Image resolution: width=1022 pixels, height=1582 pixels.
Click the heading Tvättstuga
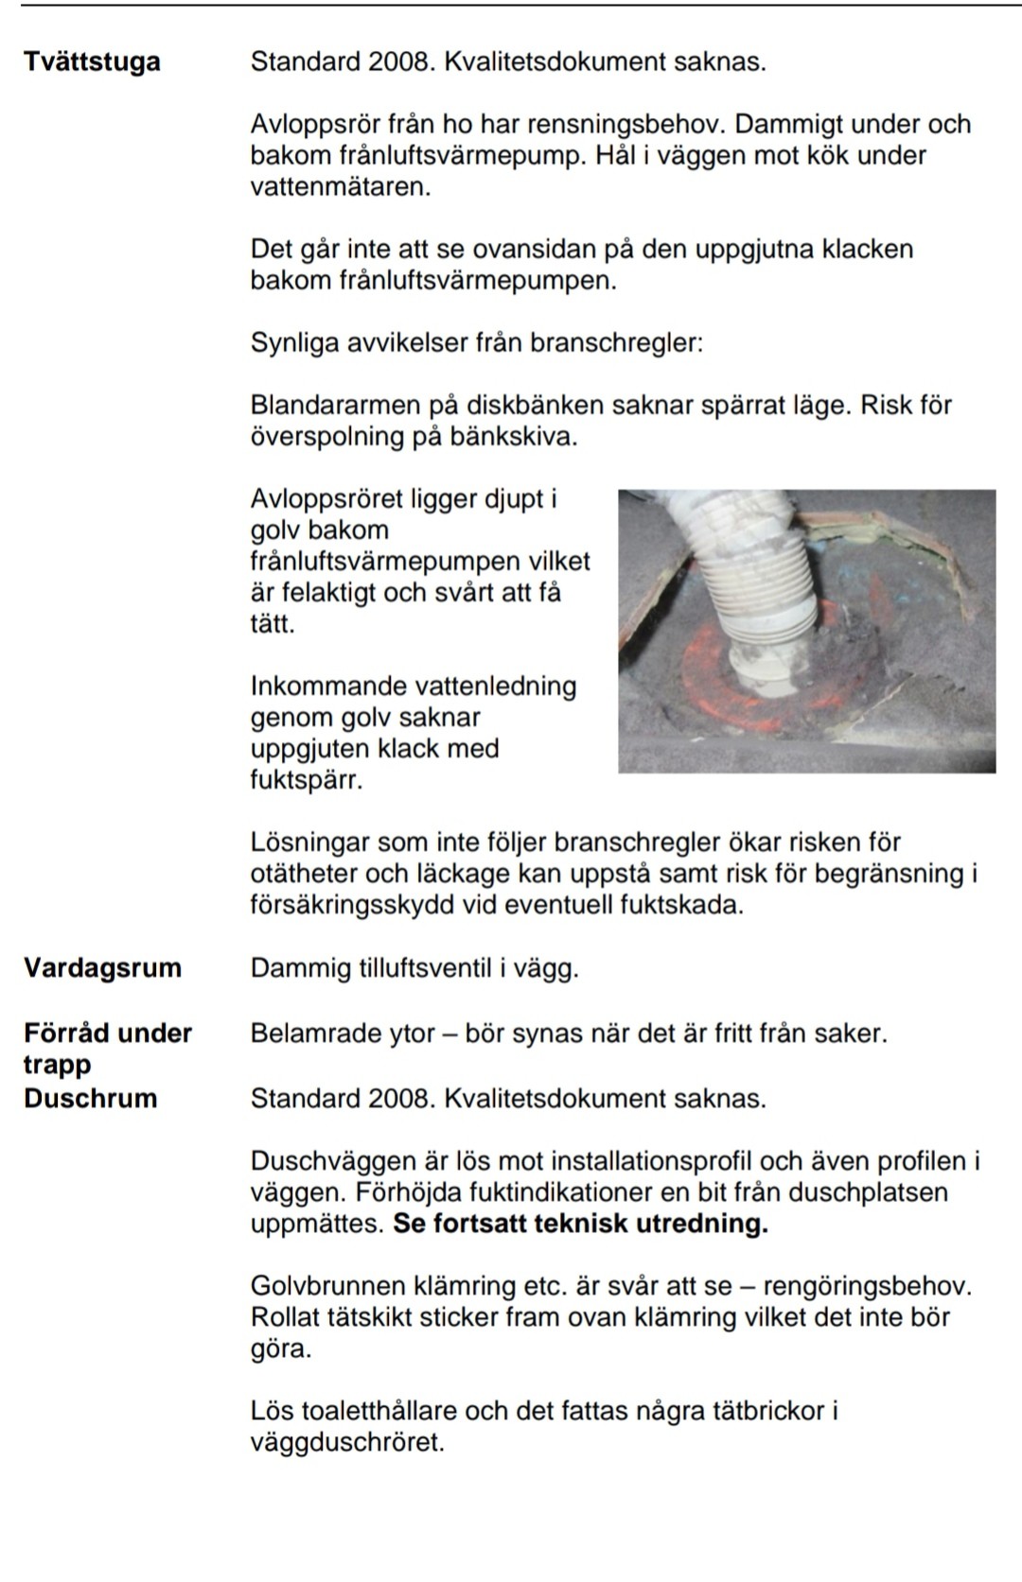point(92,62)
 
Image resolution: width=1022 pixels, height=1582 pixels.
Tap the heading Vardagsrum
point(102,968)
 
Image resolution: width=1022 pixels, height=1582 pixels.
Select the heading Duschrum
point(91,1099)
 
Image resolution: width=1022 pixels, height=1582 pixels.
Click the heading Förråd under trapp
point(107,1048)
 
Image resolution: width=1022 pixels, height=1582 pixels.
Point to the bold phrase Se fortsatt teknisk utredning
point(580,1224)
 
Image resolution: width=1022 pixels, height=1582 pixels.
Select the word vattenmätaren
point(339,187)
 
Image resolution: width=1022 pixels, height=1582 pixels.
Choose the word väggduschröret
point(345,1443)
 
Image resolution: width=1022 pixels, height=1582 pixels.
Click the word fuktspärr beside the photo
point(305,781)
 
